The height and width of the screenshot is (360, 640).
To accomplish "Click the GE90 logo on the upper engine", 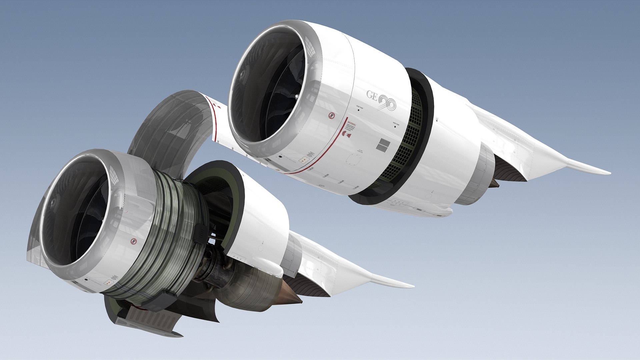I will point(381,100).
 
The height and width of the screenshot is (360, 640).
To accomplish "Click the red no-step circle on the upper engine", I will point(331,116).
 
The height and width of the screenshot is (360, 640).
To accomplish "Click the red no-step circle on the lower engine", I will point(134,241).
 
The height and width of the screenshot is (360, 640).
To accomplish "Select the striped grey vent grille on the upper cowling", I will point(383,145).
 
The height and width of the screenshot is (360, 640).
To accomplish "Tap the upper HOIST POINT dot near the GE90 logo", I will point(358,110).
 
